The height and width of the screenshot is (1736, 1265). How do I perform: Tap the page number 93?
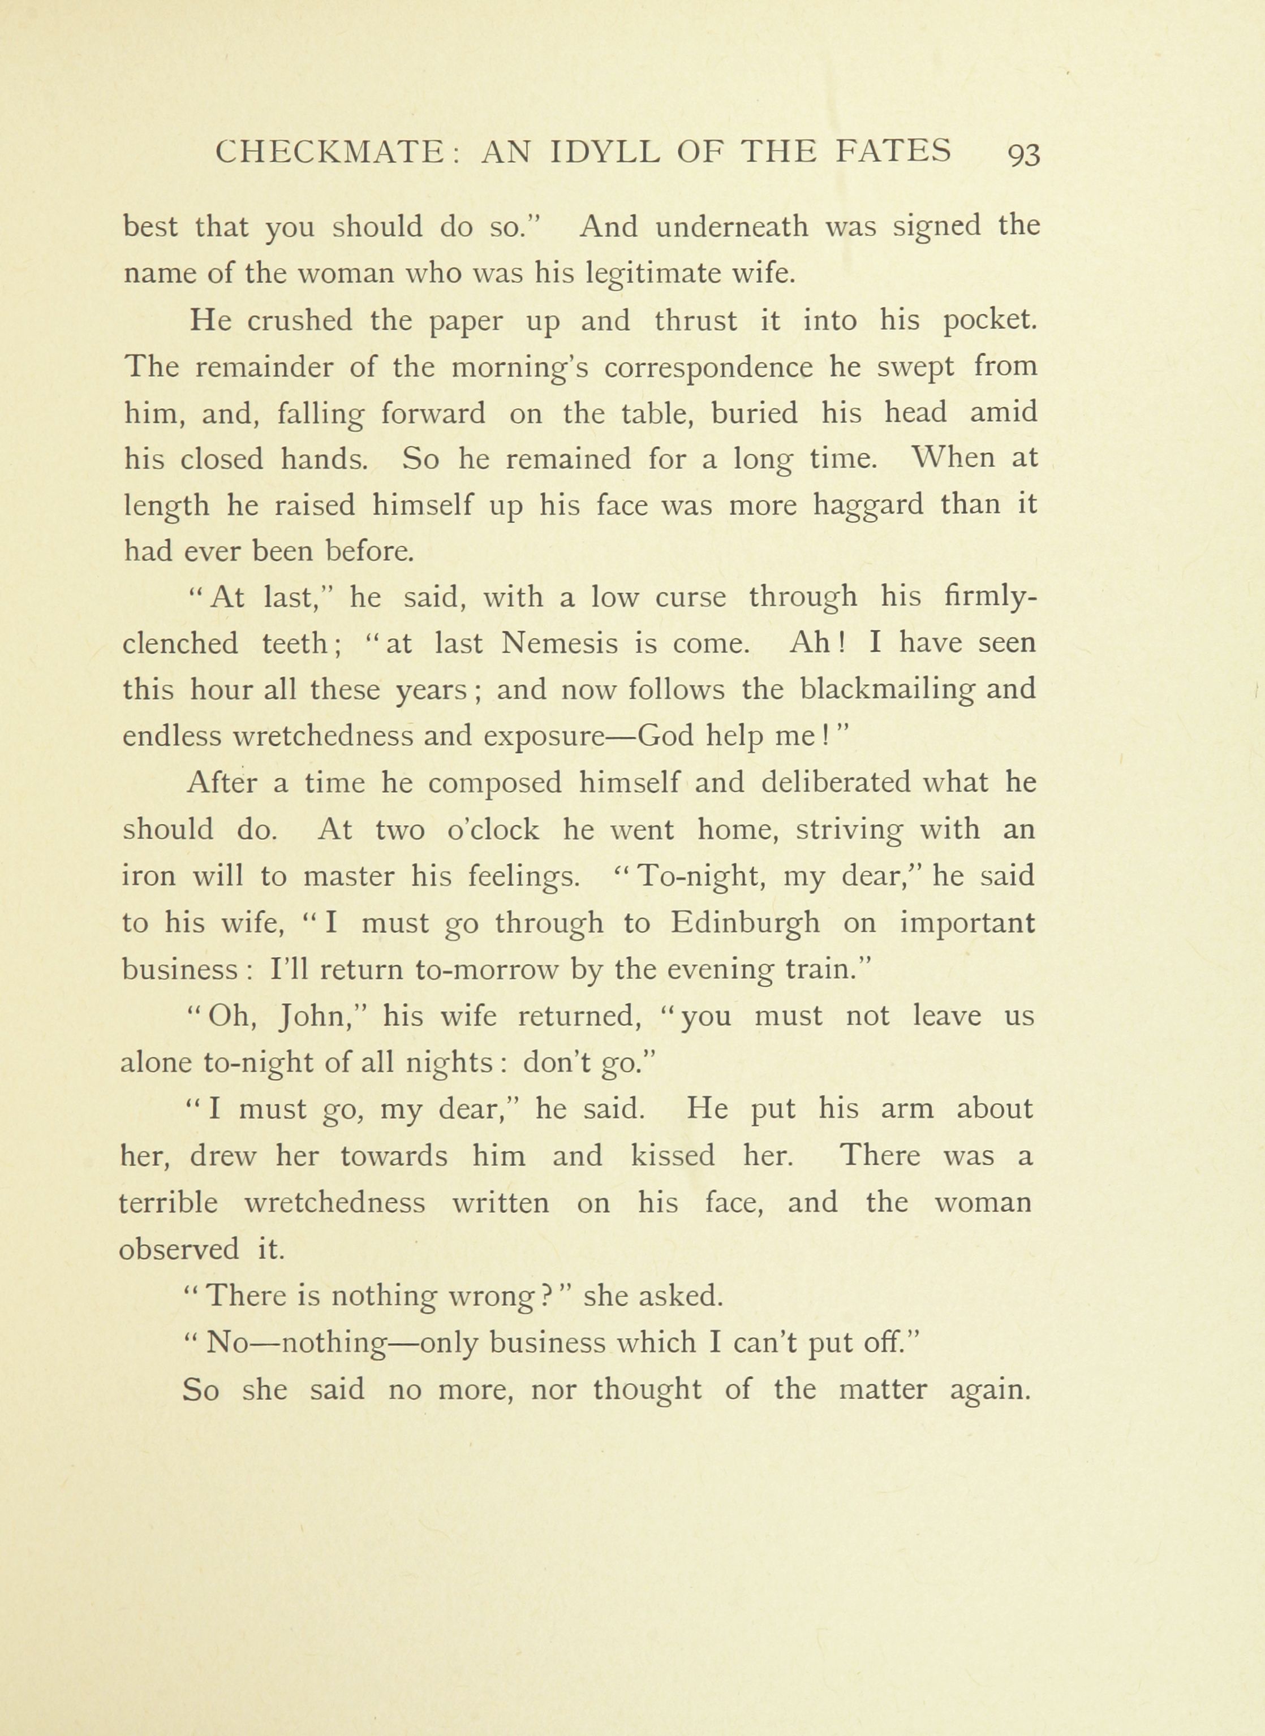point(1025,154)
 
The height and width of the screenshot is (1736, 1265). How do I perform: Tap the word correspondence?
point(708,368)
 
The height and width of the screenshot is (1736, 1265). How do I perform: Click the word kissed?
point(672,1156)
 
